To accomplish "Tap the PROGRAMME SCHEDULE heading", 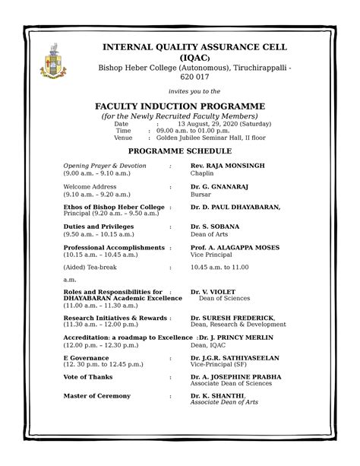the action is pos(179,152).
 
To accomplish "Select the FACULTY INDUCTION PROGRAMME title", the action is pos(179,106).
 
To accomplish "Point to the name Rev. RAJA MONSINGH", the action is pos(227,165).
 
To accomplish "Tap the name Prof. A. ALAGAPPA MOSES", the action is pos(235,247).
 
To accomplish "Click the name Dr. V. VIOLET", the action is pos(213,291).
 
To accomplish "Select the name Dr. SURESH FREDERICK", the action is pos(232,317).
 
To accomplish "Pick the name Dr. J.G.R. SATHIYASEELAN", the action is pos(235,357).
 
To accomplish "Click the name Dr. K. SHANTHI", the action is pos(217,396).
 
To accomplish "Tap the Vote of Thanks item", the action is pos(88,376).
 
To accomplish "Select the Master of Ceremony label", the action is pos(96,396).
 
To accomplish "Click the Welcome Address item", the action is pos(90,186).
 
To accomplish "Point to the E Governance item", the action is pos(86,357).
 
